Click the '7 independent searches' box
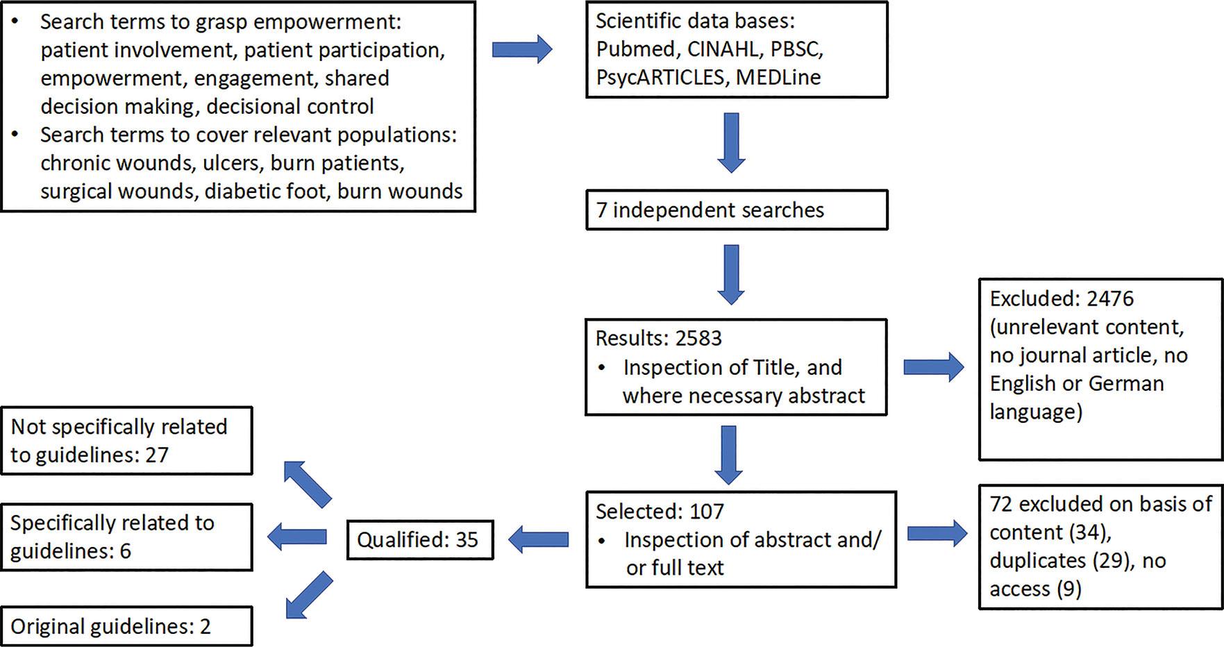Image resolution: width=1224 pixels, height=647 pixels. tap(737, 210)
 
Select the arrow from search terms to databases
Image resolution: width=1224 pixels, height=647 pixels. tap(522, 49)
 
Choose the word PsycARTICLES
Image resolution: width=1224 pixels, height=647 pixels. tap(660, 77)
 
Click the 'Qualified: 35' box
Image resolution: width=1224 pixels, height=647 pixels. tap(420, 539)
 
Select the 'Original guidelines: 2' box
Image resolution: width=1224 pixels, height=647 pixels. tap(126, 626)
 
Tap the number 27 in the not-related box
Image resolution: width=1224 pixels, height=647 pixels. tap(157, 455)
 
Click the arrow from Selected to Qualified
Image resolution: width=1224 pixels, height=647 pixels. tap(539, 539)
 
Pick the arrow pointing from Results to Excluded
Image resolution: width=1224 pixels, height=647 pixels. tap(934, 367)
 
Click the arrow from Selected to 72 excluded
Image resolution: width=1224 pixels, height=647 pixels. tap(937, 532)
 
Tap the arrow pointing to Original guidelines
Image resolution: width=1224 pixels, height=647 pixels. tap(308, 595)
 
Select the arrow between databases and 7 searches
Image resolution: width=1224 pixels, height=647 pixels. tap(731, 142)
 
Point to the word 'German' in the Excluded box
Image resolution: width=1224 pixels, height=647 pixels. tap(1125, 383)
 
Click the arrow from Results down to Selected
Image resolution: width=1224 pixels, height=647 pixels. tap(728, 455)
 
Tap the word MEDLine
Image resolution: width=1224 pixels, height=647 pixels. tap(778, 77)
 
